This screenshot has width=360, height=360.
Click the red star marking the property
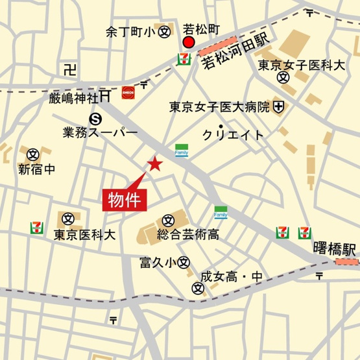(155, 164)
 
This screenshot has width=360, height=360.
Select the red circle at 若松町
(189, 43)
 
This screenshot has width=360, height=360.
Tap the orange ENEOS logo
(128, 91)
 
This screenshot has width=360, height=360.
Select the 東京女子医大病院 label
(219, 106)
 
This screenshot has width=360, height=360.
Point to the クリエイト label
(234, 135)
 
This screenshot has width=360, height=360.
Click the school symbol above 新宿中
(33, 154)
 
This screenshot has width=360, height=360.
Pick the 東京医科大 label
(84, 235)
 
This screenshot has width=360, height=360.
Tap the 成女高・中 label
(231, 277)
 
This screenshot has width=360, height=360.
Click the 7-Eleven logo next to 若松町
(184, 59)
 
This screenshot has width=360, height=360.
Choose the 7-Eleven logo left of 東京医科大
(37, 228)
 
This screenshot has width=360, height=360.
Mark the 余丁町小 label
(131, 31)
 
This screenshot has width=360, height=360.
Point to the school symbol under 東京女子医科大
(282, 78)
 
